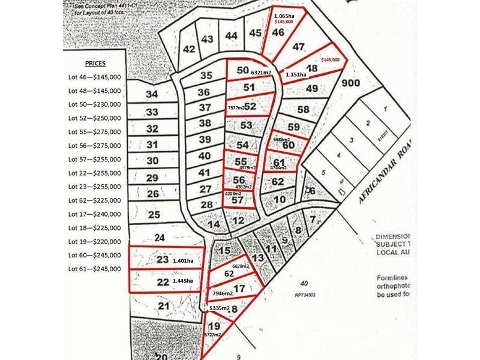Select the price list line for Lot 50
pyautogui.click(x=94, y=104)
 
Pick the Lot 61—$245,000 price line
pyautogui.click(x=94, y=269)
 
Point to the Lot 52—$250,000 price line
pyautogui.click(x=94, y=118)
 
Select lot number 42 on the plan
pyautogui.click(x=190, y=49)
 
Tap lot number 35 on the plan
pyautogui.click(x=206, y=76)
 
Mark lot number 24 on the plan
pyautogui.click(x=160, y=237)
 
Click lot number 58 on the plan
pyautogui.click(x=303, y=109)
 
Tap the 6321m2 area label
pyautogui.click(x=261, y=73)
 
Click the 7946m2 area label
pyautogui.click(x=223, y=294)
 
